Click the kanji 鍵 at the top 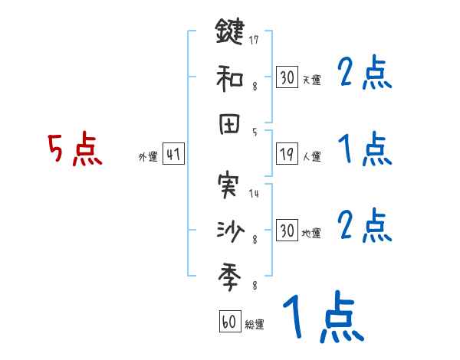tap(229, 33)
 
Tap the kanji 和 tap(229, 77)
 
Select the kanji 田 tap(229, 123)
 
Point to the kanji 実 tap(229, 185)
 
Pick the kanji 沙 tap(229, 229)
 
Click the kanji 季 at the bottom tap(229, 273)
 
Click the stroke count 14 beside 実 tap(254, 194)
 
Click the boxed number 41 tap(173, 155)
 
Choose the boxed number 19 tap(287, 155)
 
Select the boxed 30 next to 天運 tap(287, 77)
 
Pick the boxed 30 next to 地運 tap(287, 231)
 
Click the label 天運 tap(311, 80)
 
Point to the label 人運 tap(311, 157)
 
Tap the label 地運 tap(311, 233)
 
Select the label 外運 tap(148, 157)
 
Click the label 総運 tap(254, 324)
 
